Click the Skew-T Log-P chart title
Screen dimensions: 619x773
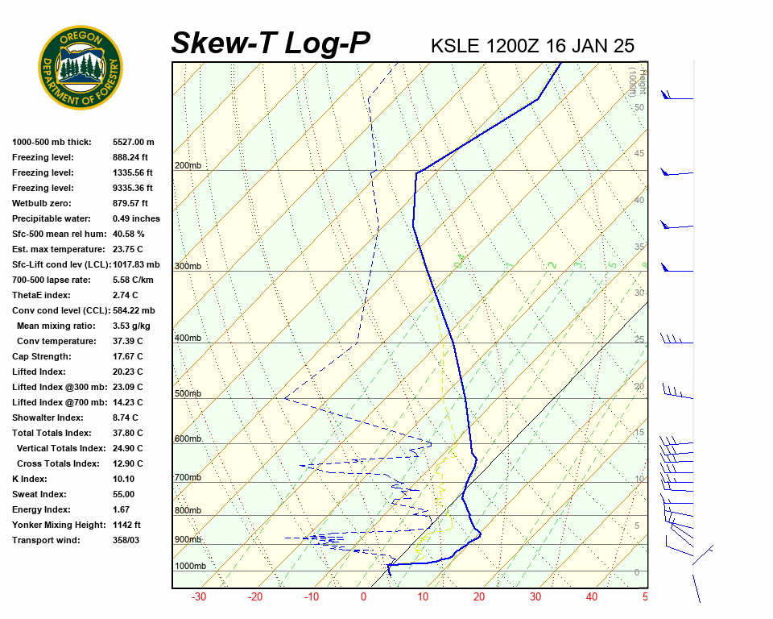click(x=271, y=44)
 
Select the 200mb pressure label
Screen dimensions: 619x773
click(x=188, y=166)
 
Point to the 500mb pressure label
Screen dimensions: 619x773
click(x=188, y=394)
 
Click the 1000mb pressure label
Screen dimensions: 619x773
click(x=190, y=567)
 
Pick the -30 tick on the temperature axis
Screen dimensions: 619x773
click(x=198, y=597)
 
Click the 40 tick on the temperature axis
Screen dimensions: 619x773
click(x=592, y=597)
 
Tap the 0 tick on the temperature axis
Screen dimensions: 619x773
click(x=363, y=597)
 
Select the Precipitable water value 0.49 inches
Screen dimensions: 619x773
click(x=136, y=218)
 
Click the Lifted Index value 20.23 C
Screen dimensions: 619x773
click(x=128, y=372)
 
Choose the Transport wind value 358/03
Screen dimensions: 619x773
click(x=126, y=540)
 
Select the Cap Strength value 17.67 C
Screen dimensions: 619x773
click(x=128, y=356)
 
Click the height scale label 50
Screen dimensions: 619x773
click(x=639, y=107)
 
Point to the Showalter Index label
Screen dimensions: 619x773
click(x=48, y=418)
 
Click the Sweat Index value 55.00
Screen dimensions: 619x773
click(x=124, y=494)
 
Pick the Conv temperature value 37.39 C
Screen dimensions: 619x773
click(x=128, y=341)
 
